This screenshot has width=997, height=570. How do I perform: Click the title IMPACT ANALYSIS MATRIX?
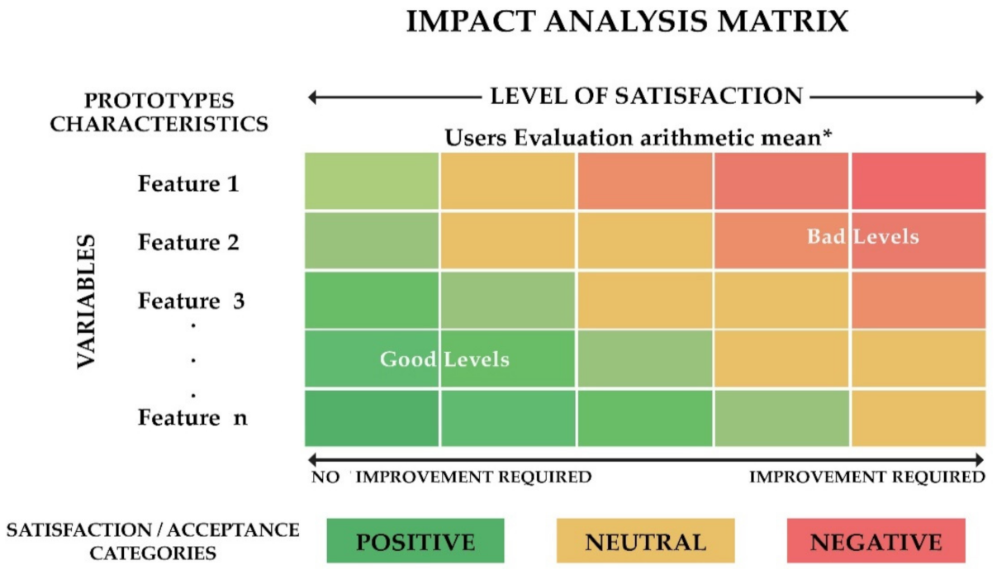pos(627,22)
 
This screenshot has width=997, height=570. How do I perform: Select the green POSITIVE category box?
pos(415,541)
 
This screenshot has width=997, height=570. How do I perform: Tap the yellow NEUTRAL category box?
pos(645,541)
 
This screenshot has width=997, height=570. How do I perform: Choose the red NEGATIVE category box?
pos(876,541)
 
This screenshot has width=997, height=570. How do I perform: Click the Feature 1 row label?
pos(188,183)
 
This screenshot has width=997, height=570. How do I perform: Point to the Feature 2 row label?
pos(188,242)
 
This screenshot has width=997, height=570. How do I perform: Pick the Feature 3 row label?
pos(191,301)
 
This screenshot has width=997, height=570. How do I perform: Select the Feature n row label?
pos(192,418)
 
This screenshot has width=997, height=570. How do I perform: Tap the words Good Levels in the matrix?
pos(444,359)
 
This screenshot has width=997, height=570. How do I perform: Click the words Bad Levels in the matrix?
pos(862,237)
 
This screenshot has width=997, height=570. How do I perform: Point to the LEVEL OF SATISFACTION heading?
pos(646,97)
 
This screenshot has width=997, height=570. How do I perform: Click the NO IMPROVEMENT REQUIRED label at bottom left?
pos(451,477)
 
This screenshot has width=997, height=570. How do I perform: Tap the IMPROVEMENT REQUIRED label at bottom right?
pos(866,477)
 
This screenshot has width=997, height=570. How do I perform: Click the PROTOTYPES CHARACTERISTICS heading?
pos(159,112)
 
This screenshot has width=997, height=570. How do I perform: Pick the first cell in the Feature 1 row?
pos(372,181)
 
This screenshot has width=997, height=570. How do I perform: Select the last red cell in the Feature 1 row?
pos(918,181)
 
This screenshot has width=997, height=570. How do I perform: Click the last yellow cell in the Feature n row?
pos(918,418)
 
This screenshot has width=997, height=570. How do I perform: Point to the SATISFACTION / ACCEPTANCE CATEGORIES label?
pos(153,541)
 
